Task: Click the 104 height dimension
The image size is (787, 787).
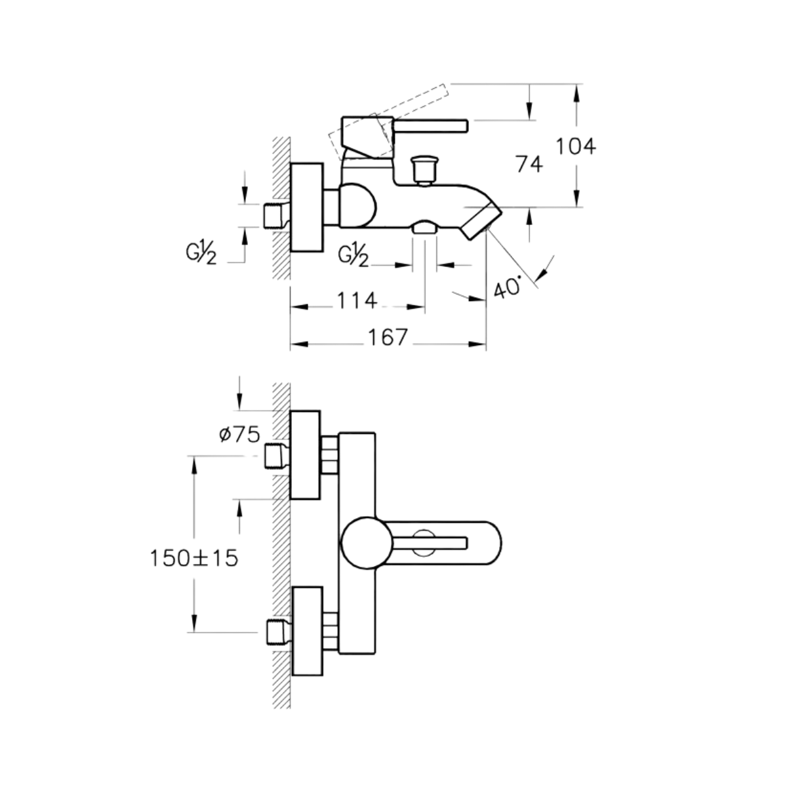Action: pyautogui.click(x=576, y=146)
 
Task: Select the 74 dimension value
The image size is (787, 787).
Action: pyautogui.click(x=529, y=165)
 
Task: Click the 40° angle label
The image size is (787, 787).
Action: pyautogui.click(x=508, y=287)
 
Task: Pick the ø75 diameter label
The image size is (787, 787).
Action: pyautogui.click(x=238, y=434)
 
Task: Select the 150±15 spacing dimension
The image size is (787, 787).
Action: pyautogui.click(x=193, y=559)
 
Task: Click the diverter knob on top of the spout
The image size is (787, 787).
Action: pyautogui.click(x=423, y=169)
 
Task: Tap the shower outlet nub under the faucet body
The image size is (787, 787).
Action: pyautogui.click(x=424, y=228)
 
